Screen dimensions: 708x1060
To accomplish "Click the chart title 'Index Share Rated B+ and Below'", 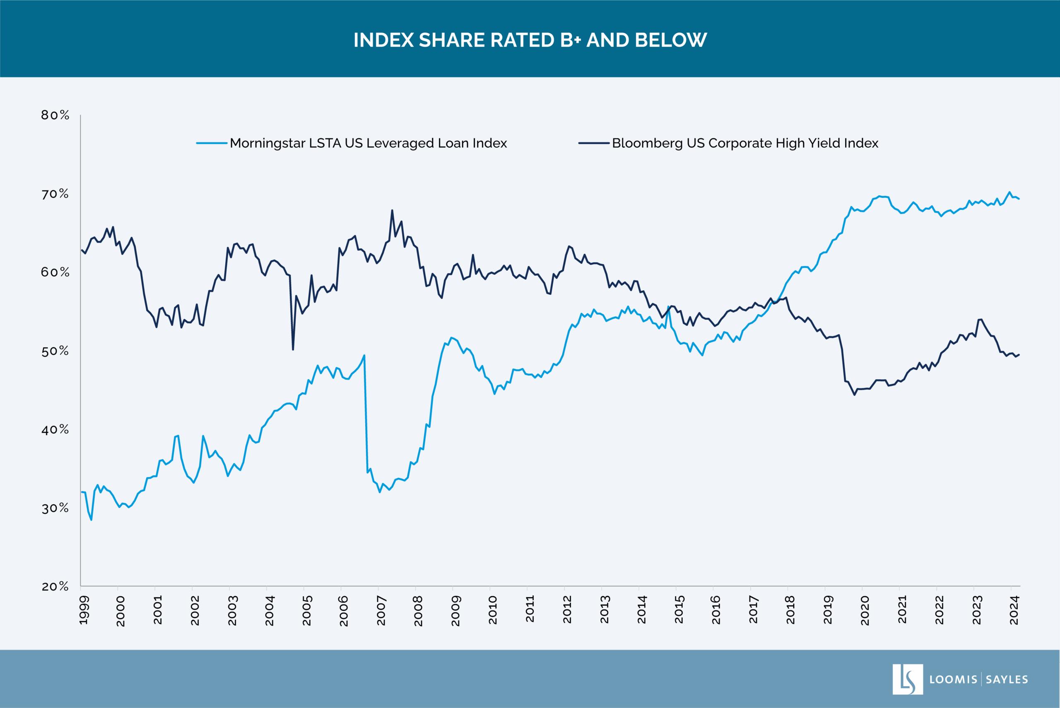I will click(x=530, y=40).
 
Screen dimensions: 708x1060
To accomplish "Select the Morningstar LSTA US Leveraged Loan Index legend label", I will click(x=368, y=143).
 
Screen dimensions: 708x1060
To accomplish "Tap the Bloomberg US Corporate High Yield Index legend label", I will click(x=745, y=143).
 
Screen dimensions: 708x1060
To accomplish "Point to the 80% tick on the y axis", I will click(x=55, y=115).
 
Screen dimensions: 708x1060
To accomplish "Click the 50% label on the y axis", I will click(x=55, y=351).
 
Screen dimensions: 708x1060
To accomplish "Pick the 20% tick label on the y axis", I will click(x=55, y=587).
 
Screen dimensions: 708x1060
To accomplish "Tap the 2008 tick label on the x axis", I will click(x=419, y=610).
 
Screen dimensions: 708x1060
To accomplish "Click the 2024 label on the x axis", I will click(x=1014, y=610).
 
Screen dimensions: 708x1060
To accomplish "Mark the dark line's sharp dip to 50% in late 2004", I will click(x=293, y=349).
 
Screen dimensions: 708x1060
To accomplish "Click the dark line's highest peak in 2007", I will click(x=392, y=210).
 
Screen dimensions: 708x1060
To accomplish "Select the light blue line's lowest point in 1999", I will click(x=91, y=520).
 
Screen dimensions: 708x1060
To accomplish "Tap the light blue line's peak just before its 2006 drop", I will click(x=364, y=355).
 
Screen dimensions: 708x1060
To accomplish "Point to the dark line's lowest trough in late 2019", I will click(x=854, y=395).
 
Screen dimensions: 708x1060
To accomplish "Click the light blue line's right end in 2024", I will click(x=1019, y=199).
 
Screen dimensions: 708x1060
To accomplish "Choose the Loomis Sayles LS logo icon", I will click(x=907, y=679).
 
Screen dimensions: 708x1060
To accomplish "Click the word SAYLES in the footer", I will click(x=1007, y=679).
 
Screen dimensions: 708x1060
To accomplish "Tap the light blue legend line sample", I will click(x=212, y=143).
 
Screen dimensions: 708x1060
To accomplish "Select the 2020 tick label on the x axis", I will click(x=865, y=610).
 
